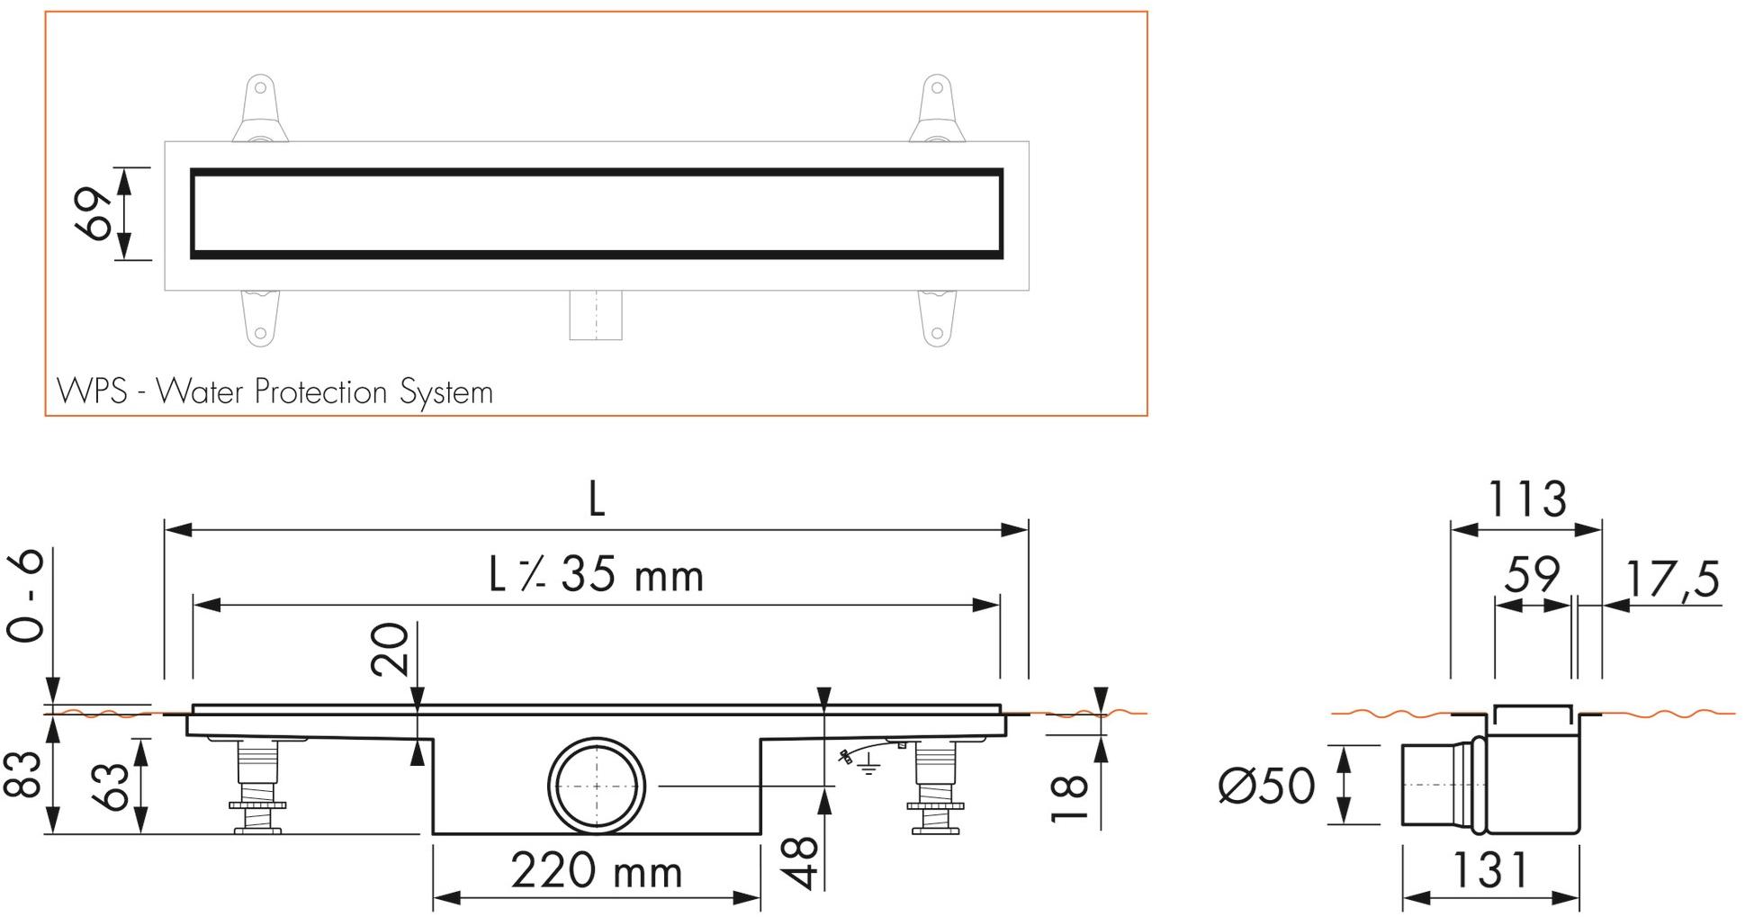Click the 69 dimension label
95,214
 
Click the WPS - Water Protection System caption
274,392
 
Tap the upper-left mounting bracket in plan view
259,110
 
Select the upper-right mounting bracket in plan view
937,110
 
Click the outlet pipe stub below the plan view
595,315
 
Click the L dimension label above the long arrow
596,499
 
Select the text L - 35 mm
596,575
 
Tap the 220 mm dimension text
596,870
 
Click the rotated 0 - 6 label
25,595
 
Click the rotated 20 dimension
389,649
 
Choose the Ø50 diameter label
1266,787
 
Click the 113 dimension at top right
1526,499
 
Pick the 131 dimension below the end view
1489,870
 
